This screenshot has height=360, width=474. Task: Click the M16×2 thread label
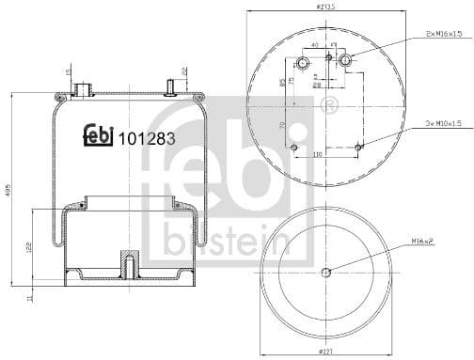tap(422, 242)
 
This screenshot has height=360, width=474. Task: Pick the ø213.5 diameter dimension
tap(325, 6)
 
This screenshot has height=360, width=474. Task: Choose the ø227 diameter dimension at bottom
tap(325, 352)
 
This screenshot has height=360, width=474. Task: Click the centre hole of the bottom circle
tap(325, 274)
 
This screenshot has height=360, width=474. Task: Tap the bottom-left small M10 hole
tap(293, 148)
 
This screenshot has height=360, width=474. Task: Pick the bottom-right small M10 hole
tap(360, 147)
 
